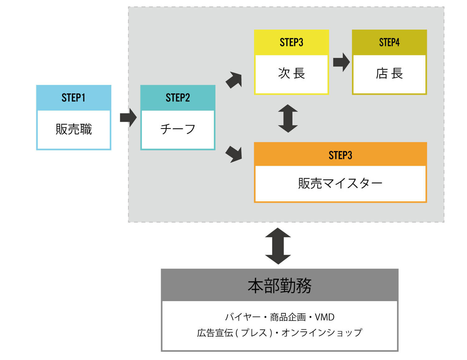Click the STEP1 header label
pyautogui.click(x=73, y=98)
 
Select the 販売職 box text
pyautogui.click(x=74, y=129)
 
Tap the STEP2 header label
pyautogui.click(x=177, y=98)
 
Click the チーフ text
pyautogui.click(x=177, y=129)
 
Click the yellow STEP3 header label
pyautogui.click(x=291, y=42)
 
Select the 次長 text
pyautogui.click(x=291, y=73)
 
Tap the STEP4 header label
pyautogui.click(x=389, y=42)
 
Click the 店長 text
pyautogui.click(x=389, y=74)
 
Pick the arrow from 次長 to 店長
pyautogui.click(x=341, y=62)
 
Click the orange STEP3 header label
pyautogui.click(x=340, y=155)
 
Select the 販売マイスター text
pyautogui.click(x=340, y=183)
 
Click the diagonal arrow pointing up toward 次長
pyautogui.click(x=234, y=80)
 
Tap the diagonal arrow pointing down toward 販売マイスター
pyautogui.click(x=234, y=154)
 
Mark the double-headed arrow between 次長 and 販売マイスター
pyautogui.click(x=288, y=118)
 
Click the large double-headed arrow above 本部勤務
pyautogui.click(x=278, y=246)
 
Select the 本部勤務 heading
pyautogui.click(x=280, y=286)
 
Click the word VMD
pyautogui.click(x=325, y=317)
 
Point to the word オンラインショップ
pyautogui.click(x=322, y=333)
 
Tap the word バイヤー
pyautogui.click(x=243, y=317)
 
